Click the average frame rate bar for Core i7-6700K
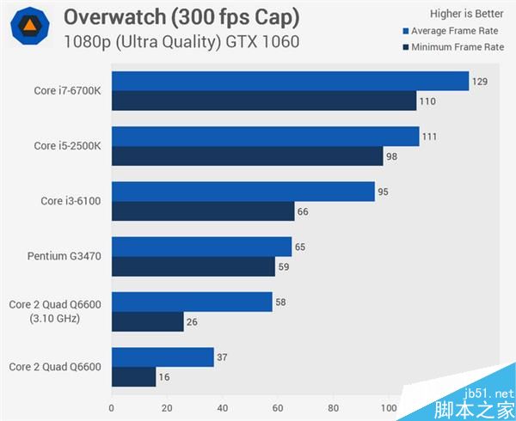(289, 82)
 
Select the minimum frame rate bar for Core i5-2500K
(247, 156)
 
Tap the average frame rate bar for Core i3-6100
(243, 192)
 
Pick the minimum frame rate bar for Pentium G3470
(193, 266)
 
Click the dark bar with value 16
(133, 376)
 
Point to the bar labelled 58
(192, 302)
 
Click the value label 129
(481, 82)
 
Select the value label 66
(302, 211)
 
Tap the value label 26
(191, 322)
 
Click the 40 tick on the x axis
(222, 408)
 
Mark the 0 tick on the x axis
(111, 408)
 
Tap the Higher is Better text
(465, 13)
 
